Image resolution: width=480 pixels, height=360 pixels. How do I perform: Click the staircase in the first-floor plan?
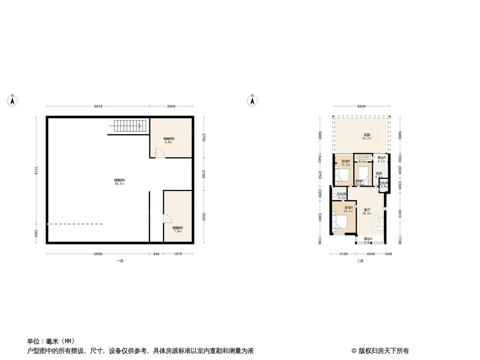click(130, 126)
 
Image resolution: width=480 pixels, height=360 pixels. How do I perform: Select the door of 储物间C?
click(167, 219)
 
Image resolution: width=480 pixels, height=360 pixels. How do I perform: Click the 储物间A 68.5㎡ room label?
click(120, 181)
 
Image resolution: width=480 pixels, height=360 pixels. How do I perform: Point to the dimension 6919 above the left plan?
click(99, 107)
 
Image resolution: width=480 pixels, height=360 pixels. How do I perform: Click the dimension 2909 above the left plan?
click(171, 107)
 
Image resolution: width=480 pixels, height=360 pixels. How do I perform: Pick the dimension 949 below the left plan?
click(156, 254)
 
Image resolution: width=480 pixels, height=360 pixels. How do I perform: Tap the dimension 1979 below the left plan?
click(178, 254)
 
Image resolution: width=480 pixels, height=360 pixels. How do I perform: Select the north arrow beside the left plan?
click(13, 100)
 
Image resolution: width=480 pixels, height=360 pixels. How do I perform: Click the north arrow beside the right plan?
click(253, 100)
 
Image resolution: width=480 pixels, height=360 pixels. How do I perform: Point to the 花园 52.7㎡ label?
click(367, 137)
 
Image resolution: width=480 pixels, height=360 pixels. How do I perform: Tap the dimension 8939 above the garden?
click(361, 107)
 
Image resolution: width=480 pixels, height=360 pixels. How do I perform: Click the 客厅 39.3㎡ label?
click(367, 211)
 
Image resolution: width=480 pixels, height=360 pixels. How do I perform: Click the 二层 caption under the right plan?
click(360, 261)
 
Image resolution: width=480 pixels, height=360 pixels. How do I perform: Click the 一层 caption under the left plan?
click(120, 261)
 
